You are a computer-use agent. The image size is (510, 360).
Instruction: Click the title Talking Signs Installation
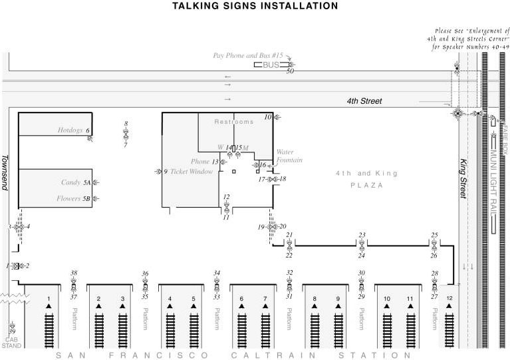[255, 6]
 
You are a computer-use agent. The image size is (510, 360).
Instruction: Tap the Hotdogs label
[70, 130]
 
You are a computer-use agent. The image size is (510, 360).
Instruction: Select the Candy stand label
[70, 182]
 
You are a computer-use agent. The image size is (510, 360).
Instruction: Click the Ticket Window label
[191, 172]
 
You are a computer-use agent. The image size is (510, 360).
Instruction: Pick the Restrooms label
[234, 122]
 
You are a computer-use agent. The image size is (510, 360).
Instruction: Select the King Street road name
[465, 178]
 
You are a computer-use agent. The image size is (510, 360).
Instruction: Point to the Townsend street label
[5, 172]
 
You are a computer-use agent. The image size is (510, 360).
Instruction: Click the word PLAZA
[367, 185]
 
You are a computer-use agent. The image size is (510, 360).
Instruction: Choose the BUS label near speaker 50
[271, 65]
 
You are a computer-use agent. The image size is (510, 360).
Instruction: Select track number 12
[449, 297]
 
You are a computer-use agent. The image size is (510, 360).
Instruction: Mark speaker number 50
[290, 71]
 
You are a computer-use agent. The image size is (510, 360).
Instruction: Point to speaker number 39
[12, 331]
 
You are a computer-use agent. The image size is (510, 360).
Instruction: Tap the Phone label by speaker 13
[200, 162]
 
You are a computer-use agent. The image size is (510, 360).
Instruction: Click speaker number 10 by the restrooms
[268, 117]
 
